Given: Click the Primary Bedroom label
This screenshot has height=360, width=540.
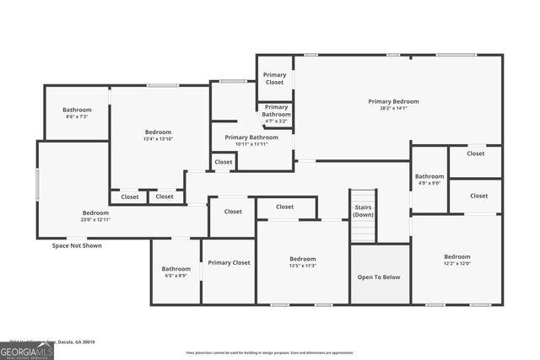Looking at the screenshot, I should (x=393, y=101).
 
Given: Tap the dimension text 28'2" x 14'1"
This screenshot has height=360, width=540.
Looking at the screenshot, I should (x=393, y=108).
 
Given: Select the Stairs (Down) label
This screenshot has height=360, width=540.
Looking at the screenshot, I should (x=363, y=211).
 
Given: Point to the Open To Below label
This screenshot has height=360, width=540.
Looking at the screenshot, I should (x=379, y=277).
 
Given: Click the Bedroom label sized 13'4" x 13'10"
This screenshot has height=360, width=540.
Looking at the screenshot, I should (x=158, y=132).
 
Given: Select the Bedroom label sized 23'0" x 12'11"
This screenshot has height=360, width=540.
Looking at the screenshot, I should (x=94, y=212).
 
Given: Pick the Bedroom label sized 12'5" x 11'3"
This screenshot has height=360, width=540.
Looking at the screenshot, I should (x=302, y=259).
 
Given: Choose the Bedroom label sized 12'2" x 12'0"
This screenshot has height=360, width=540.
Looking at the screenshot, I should (x=456, y=256).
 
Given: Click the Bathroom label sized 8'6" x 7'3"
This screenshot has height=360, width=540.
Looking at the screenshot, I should (x=77, y=110).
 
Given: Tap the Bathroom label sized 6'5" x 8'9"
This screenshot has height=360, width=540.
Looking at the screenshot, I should (x=175, y=269).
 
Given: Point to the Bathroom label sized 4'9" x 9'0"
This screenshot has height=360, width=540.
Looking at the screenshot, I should (x=429, y=176).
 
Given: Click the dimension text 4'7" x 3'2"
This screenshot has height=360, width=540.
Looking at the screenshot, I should (x=276, y=121).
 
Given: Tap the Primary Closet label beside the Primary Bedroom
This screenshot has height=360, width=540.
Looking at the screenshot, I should (x=275, y=78).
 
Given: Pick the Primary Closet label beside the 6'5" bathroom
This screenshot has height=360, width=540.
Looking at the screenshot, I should (x=229, y=263).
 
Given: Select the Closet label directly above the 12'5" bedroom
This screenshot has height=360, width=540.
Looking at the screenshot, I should (x=284, y=207).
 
